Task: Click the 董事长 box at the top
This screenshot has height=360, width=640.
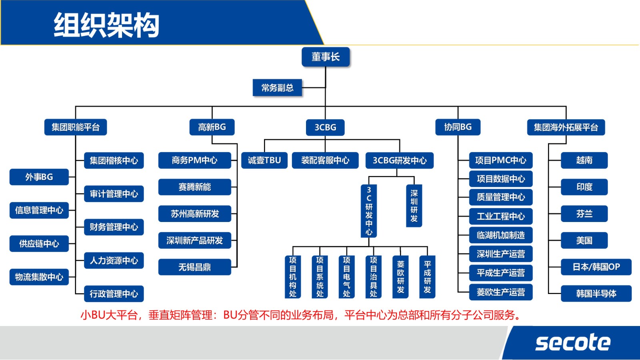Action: pyautogui.click(x=326, y=57)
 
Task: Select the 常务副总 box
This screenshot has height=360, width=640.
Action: pyautogui.click(x=277, y=88)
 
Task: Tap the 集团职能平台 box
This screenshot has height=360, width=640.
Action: pyautogui.click(x=76, y=127)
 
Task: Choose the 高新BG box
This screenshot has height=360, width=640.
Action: pyautogui.click(x=212, y=127)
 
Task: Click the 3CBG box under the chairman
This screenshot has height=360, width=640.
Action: pyautogui.click(x=325, y=127)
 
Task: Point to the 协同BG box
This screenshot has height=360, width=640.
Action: pyautogui.click(x=458, y=127)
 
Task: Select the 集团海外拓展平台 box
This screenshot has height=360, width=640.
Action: pyautogui.click(x=566, y=127)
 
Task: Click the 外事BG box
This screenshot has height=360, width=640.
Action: pyautogui.click(x=39, y=177)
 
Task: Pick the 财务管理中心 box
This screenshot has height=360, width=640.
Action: pyautogui.click(x=114, y=227)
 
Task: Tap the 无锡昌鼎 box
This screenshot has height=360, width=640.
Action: pyautogui.click(x=194, y=267)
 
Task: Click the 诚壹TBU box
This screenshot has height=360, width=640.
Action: pyautogui.click(x=264, y=160)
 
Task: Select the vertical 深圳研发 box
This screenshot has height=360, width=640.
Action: pyautogui.click(x=414, y=206)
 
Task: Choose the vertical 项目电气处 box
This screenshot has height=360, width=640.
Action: pyautogui.click(x=346, y=277)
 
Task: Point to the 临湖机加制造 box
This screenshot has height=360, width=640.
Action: pyautogui.click(x=500, y=235)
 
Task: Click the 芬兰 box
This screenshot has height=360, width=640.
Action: pyautogui.click(x=584, y=214)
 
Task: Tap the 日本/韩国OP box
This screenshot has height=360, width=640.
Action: pyautogui.click(x=596, y=267)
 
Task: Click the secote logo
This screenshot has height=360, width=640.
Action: pyautogui.click(x=573, y=343)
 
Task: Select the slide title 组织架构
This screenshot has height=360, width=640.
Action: pyautogui.click(x=106, y=25)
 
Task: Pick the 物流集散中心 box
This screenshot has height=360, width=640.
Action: pyautogui.click(x=39, y=277)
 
